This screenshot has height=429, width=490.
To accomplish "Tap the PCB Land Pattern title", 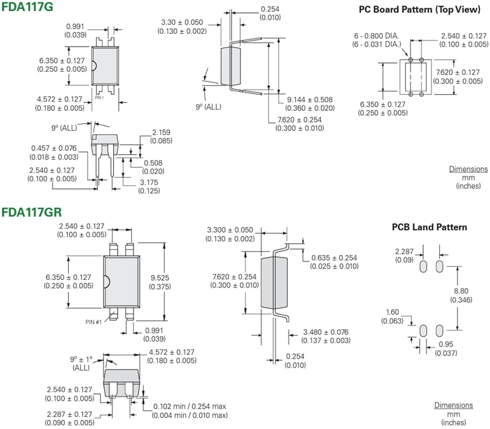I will pyautogui.click(x=429, y=227).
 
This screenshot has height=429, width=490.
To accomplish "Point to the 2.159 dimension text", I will pyautogui.click(x=162, y=132).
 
